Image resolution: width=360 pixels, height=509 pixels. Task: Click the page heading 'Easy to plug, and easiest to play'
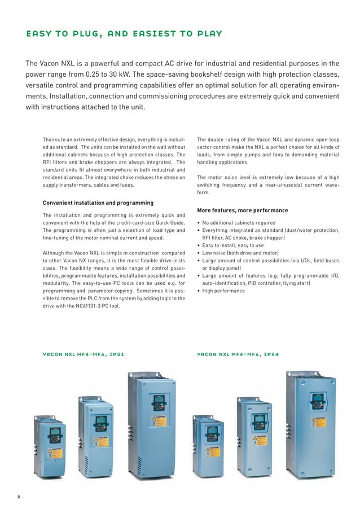click(124, 34)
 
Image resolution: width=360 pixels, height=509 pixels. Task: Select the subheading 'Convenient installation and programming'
click(98, 203)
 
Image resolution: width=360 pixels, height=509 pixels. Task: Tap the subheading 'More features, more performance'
click(242, 210)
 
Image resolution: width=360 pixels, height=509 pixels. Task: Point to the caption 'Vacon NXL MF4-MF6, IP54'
click(238, 355)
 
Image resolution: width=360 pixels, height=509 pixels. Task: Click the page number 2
click(18, 497)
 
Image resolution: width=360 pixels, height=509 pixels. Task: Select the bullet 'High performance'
click(223, 291)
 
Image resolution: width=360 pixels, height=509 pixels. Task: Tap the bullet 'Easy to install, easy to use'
click(232, 245)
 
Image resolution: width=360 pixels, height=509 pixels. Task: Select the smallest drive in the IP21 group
click(51, 446)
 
